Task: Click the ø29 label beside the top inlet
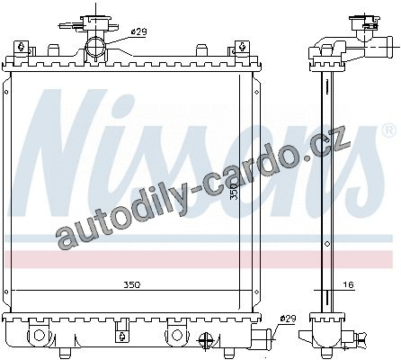[139, 31]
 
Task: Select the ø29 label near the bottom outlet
[288, 319]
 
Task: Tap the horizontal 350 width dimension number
[132, 284]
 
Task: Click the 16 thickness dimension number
[348, 284]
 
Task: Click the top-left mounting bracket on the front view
[22, 48]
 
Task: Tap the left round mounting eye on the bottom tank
[40, 335]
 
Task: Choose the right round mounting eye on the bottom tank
[177, 335]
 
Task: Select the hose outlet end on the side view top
[389, 47]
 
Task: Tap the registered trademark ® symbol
[389, 130]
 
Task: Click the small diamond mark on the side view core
[327, 244]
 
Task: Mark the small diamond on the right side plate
[256, 92]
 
